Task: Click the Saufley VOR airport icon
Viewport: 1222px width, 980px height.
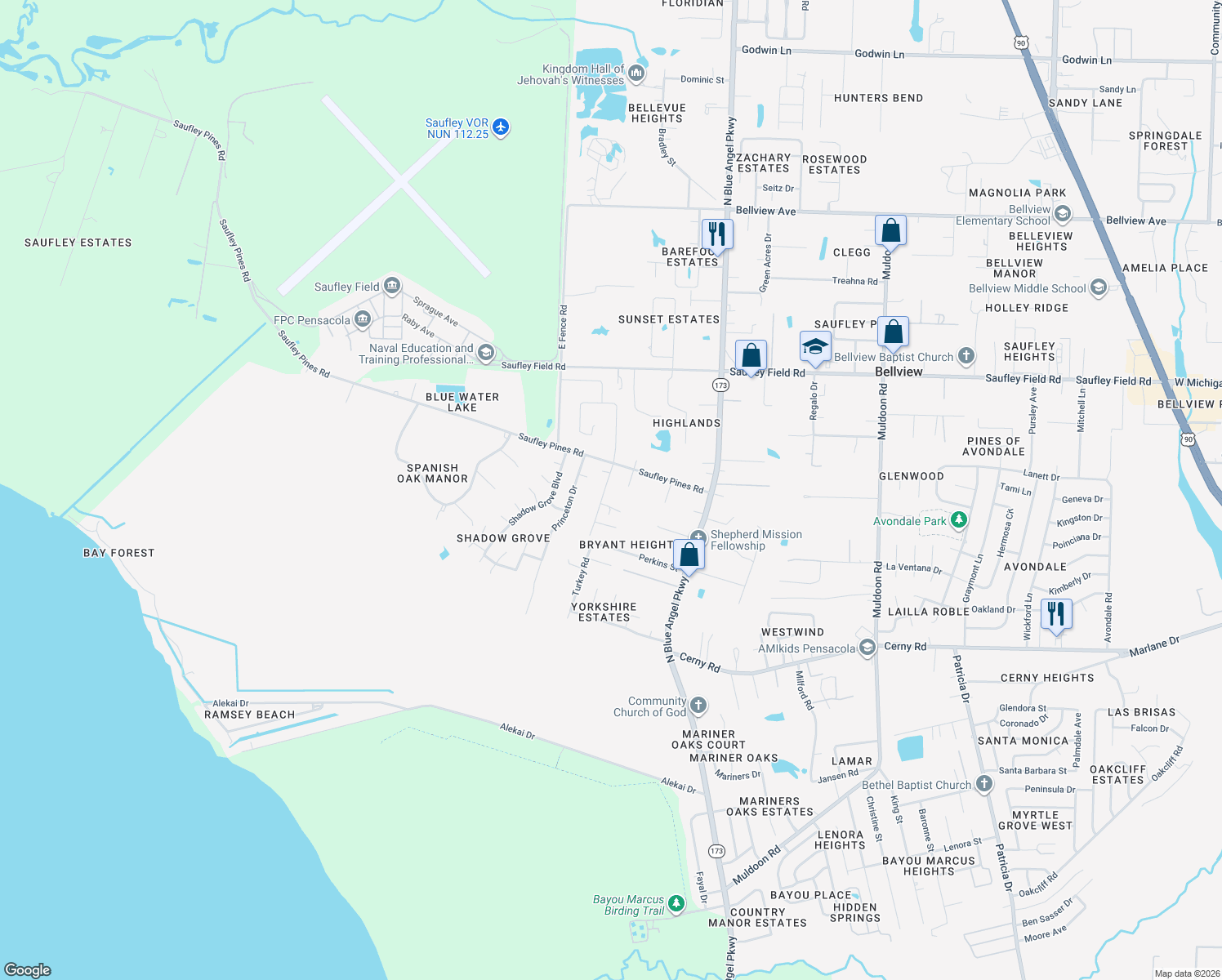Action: [x=501, y=127]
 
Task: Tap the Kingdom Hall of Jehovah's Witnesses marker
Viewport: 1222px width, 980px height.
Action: [x=636, y=73]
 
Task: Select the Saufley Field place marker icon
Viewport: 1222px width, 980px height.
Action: [x=392, y=286]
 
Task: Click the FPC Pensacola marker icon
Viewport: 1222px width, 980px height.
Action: [x=363, y=319]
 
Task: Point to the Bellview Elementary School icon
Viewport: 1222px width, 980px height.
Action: [x=1063, y=214]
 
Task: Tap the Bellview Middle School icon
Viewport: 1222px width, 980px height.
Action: [x=1099, y=287]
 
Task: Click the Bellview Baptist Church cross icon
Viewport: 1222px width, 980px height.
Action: [x=966, y=356]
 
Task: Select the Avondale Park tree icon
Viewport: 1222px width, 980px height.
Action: [x=959, y=520]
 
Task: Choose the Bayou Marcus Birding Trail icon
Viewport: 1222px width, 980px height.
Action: [x=676, y=903]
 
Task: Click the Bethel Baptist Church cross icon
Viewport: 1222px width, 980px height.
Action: [x=984, y=784]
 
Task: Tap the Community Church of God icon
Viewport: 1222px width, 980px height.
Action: [x=698, y=706]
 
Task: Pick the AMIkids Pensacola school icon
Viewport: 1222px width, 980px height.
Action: [x=867, y=648]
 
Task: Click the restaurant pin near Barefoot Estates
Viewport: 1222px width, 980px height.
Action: [x=716, y=234]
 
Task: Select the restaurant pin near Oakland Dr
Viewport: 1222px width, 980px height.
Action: [x=1057, y=614]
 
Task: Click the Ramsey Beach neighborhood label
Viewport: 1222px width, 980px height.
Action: [x=249, y=715]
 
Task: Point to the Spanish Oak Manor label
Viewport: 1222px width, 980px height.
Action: [x=432, y=474]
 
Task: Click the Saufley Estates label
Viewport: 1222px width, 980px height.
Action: [x=78, y=243]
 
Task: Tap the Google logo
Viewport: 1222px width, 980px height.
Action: [x=28, y=969]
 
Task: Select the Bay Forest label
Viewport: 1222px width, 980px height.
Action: [x=118, y=553]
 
